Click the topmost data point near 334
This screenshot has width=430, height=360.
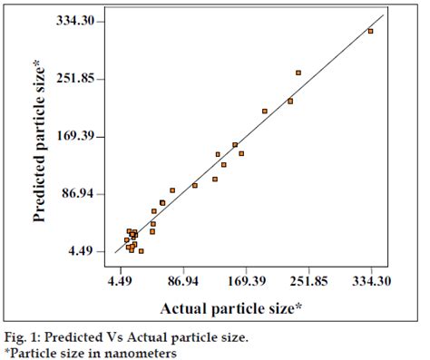(x=370, y=31)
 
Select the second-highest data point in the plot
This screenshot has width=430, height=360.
(x=298, y=73)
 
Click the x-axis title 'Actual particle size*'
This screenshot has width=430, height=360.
(x=230, y=309)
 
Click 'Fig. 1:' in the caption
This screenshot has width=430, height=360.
(x=22, y=337)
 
